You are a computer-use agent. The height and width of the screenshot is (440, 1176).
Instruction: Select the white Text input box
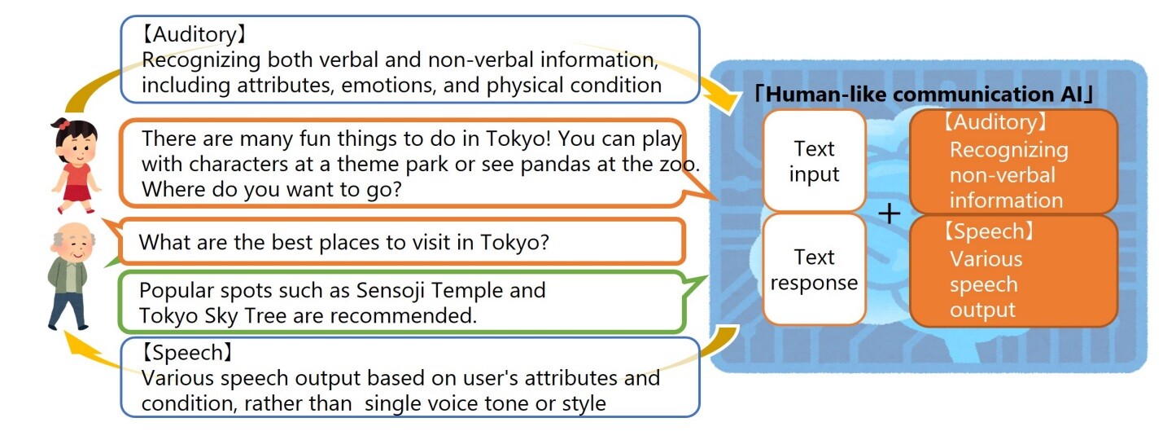tap(814, 161)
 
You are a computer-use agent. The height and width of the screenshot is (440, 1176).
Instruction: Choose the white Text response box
tap(814, 270)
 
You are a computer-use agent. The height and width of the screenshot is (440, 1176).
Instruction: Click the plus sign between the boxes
tap(889, 214)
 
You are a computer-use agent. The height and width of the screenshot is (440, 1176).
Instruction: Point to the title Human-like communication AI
tap(924, 95)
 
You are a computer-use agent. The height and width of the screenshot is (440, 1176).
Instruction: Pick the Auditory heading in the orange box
tap(995, 122)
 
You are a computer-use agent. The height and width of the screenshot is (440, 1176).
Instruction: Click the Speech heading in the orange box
tap(989, 232)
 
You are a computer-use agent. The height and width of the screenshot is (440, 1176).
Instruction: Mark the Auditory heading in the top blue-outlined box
tap(193, 35)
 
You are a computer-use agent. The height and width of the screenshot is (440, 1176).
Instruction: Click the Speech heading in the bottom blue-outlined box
tap(186, 353)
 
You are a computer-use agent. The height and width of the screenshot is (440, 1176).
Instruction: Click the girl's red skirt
tap(77, 194)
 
